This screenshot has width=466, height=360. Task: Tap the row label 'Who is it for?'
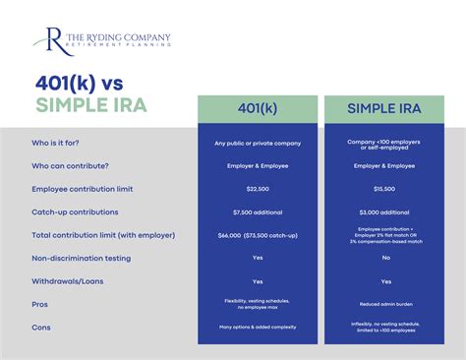[61, 143]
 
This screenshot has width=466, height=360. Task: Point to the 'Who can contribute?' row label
[71, 165]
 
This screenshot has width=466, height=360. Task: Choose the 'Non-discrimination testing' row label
[83, 257]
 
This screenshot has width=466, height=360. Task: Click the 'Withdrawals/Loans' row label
[69, 280]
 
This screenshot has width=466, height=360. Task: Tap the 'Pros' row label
[40, 304]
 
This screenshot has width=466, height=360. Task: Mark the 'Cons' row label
[41, 327]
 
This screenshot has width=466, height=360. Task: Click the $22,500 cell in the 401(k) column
[257, 188]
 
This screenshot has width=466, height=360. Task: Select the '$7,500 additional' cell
[257, 210]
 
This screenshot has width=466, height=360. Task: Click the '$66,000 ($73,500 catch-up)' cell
[257, 234]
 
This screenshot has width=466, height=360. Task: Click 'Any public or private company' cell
[257, 143]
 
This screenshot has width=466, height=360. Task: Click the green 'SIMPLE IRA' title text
[92, 104]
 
